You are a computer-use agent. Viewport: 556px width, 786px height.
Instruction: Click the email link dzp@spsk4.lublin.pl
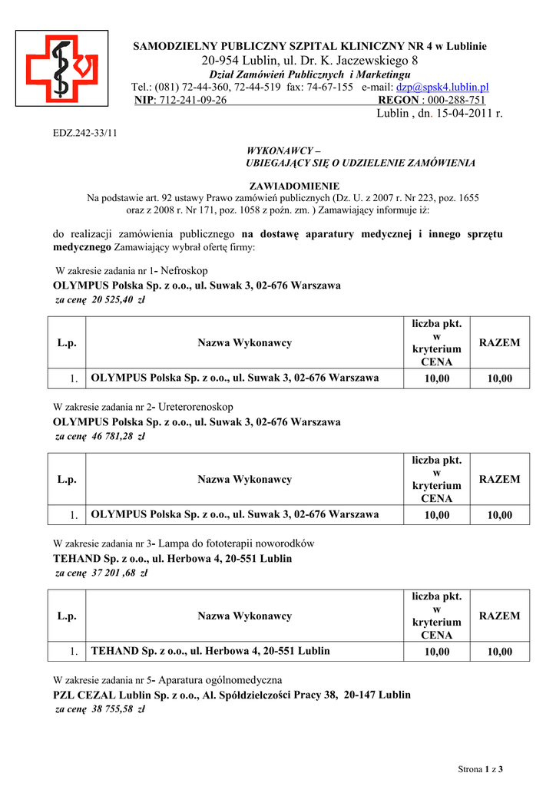pyautogui.click(x=442, y=88)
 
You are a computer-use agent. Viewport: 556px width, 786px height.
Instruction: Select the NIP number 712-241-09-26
pyautogui.click(x=192, y=101)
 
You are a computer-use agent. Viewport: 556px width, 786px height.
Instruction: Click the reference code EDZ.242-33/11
pyautogui.click(x=84, y=133)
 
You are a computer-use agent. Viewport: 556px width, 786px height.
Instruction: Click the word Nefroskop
pyautogui.click(x=184, y=271)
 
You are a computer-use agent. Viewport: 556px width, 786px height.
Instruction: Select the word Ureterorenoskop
pyautogui.click(x=195, y=407)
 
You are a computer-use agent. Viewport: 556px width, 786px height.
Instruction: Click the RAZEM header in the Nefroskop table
pyautogui.click(x=499, y=343)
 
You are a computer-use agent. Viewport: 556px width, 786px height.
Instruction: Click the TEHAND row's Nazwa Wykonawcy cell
pyautogui.click(x=210, y=651)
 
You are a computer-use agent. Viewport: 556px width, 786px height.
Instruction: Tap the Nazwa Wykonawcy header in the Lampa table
pyautogui.click(x=244, y=616)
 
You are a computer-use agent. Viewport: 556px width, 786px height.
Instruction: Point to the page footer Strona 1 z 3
pyautogui.click(x=479, y=768)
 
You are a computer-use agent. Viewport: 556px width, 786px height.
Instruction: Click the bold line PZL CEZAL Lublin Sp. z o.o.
pyautogui.click(x=231, y=695)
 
